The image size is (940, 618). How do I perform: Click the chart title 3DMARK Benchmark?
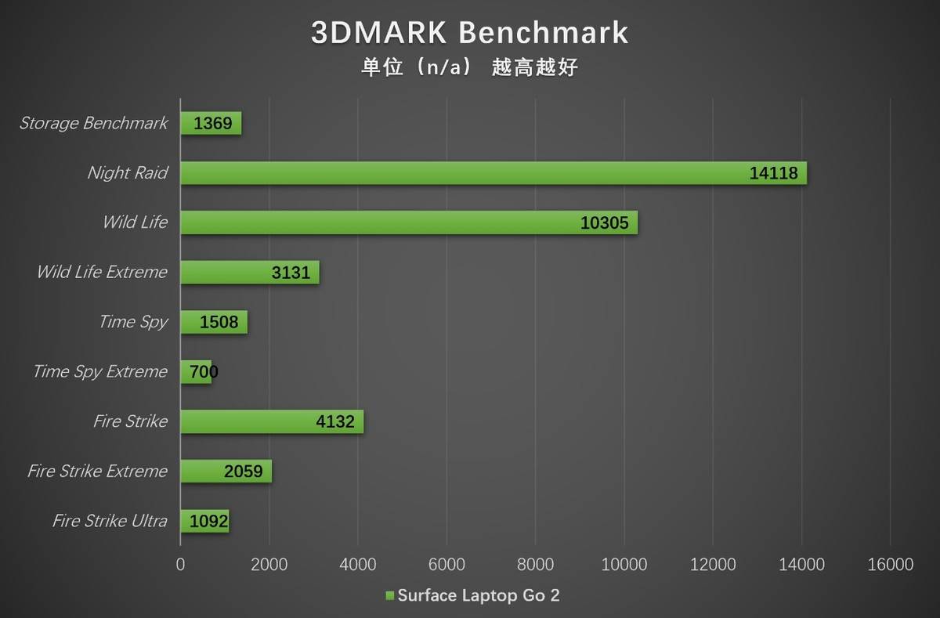469,33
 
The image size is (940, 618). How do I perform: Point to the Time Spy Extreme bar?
196,372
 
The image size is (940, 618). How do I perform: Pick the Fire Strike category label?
130,421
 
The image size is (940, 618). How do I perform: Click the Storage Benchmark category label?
93,123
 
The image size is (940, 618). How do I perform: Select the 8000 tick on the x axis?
535,565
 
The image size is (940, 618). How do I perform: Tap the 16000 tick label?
890,565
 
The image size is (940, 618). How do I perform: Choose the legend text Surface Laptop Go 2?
479,596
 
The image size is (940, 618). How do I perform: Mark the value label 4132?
335,422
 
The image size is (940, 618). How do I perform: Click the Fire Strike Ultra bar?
204,521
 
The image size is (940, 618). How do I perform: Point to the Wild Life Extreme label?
102,273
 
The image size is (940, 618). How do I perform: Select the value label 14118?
773,174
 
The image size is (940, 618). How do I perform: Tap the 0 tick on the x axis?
180,565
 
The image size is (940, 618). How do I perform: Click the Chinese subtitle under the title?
469,67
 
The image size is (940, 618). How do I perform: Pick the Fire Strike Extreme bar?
226,472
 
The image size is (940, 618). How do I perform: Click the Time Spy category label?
133,322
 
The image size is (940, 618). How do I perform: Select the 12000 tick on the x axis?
713,565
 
